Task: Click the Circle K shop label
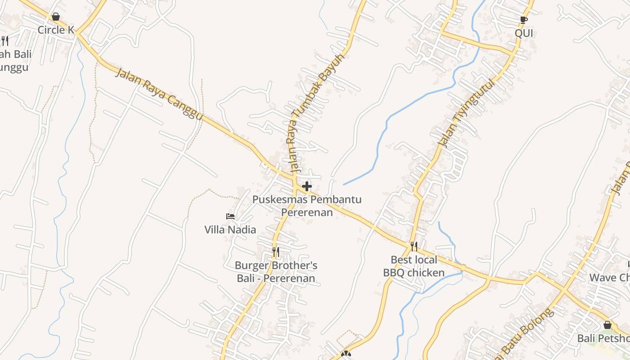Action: tap(56, 30)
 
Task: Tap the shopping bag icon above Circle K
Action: tap(56, 17)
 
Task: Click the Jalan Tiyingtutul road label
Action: tap(467, 112)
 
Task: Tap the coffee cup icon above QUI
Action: tap(523, 20)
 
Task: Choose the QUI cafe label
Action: tap(524, 33)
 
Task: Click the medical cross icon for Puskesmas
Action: tap(307, 186)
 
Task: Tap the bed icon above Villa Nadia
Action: tap(230, 216)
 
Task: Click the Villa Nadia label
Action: tap(230, 229)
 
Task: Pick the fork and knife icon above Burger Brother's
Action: tap(276, 252)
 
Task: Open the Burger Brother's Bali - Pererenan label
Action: tap(276, 272)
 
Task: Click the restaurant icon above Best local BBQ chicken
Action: tap(414, 246)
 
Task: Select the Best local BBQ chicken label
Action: tap(414, 266)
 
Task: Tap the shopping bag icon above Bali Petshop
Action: tap(607, 325)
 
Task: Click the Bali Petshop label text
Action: tap(604, 338)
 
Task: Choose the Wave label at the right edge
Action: tap(610, 277)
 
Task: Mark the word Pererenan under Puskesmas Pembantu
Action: tap(307, 212)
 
